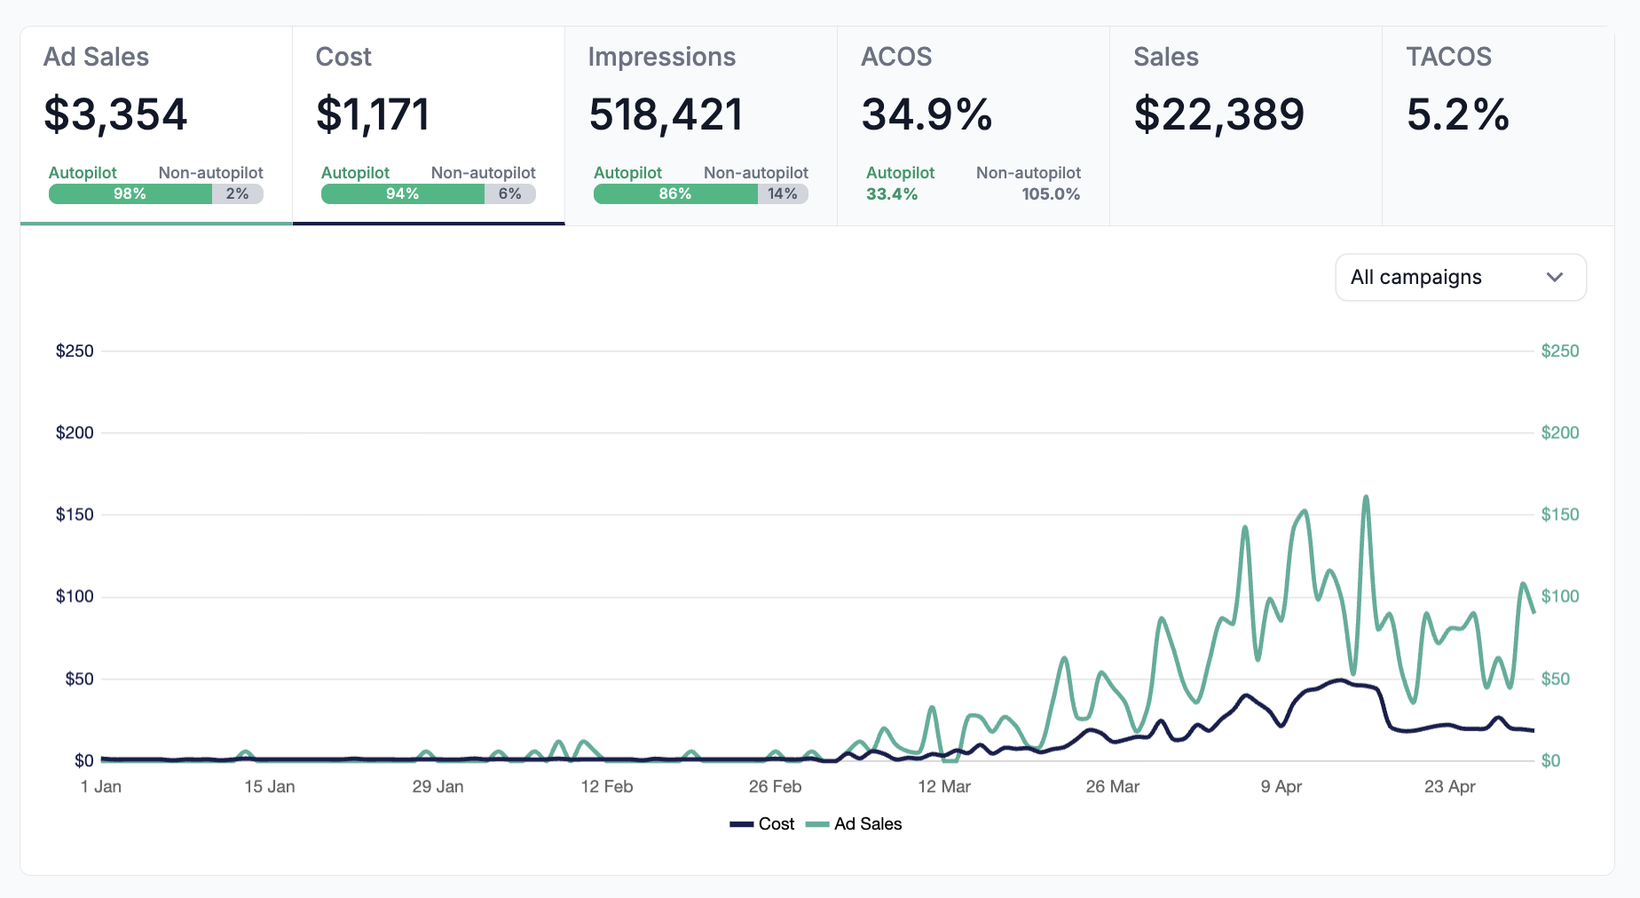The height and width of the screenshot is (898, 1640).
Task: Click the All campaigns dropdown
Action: [1460, 278]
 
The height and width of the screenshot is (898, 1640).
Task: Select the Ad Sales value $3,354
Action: [115, 114]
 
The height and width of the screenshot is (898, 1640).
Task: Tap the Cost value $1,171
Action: [373, 114]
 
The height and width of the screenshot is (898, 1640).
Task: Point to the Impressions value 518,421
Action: [666, 114]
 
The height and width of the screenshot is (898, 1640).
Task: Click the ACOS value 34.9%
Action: [926, 114]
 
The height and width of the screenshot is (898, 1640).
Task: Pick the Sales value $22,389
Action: [1218, 114]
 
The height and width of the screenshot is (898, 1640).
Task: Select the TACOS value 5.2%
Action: [1457, 114]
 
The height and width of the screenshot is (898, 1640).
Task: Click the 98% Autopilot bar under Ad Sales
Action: [130, 194]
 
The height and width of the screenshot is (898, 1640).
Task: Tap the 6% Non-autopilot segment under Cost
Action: [510, 194]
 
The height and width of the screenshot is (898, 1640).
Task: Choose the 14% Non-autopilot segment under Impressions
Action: [783, 194]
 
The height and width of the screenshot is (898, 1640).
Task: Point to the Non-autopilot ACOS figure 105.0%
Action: [1051, 194]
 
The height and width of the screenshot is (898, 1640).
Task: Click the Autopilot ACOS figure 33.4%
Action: [892, 194]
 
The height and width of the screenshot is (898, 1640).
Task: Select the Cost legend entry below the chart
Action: [763, 824]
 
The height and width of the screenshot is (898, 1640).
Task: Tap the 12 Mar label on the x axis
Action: [944, 787]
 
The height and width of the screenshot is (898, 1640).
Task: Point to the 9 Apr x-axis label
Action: [1281, 787]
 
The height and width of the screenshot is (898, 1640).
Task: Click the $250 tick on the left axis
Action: [75, 351]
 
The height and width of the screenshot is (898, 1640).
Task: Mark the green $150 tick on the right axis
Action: [1559, 515]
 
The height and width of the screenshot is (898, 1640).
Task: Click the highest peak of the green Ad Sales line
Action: [1366, 498]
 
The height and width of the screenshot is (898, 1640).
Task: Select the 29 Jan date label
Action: [438, 787]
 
